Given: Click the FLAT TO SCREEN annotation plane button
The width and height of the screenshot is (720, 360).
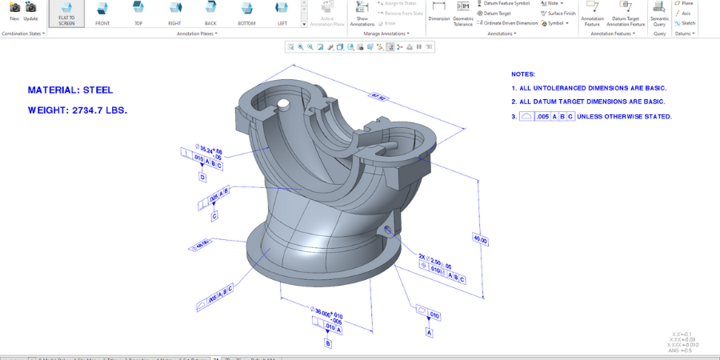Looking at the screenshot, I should point(66,13).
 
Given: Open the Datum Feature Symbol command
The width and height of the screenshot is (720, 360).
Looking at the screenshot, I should point(503,3).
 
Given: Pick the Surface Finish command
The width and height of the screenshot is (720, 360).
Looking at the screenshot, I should point(558,13).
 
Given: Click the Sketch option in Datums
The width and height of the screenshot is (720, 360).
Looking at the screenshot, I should point(684,23).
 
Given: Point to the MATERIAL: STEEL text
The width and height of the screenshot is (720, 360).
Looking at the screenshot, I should point(70,90).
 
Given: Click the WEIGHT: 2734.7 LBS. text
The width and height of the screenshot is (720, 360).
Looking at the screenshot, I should point(78,110).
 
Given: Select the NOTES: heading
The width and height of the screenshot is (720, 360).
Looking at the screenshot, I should point(523,74).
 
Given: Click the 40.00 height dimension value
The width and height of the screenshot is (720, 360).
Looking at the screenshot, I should point(480,239).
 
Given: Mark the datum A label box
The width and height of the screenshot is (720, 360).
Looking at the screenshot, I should point(430,332).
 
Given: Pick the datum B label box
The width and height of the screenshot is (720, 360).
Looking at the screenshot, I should point(327,343).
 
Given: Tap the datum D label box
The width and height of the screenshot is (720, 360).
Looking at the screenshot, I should point(202,178).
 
